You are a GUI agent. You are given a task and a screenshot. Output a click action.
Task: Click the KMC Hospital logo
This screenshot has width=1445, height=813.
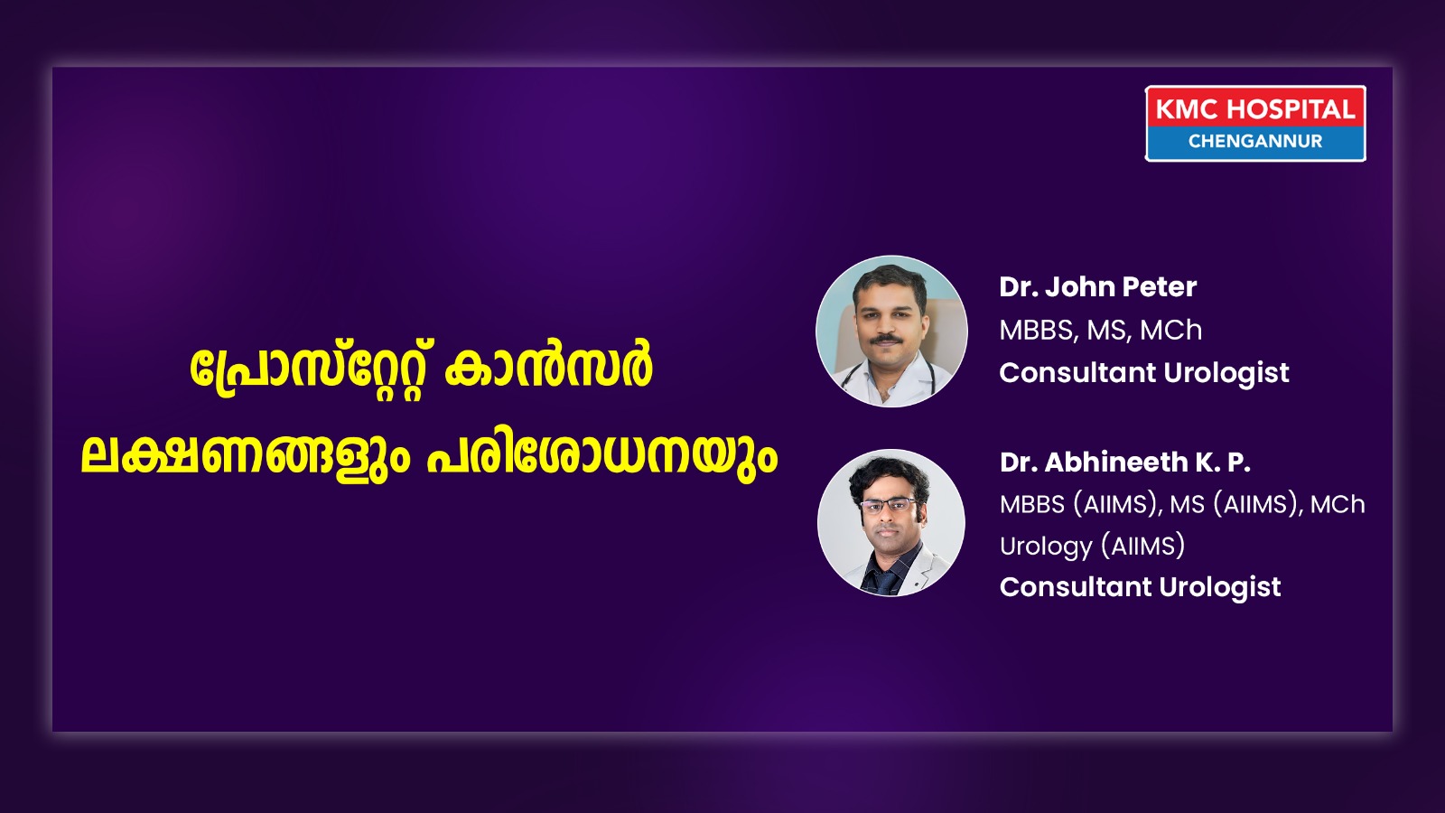[1255, 123]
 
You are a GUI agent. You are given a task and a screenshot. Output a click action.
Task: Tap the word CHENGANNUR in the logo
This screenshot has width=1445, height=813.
[1255, 141]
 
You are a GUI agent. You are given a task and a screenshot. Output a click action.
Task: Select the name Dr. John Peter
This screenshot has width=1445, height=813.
[1097, 287]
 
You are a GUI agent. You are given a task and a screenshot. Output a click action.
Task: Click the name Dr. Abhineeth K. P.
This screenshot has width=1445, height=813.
[1125, 462]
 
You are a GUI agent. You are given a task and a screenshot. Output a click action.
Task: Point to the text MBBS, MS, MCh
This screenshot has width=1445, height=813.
[1101, 331]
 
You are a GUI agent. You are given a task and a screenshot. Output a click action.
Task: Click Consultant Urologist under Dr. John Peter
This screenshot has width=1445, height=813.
[1143, 373]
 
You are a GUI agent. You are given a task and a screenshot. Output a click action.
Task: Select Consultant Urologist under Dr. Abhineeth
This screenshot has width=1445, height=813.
[1140, 587]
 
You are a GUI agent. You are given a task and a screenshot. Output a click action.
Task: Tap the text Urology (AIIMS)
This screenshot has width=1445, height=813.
[1092, 546]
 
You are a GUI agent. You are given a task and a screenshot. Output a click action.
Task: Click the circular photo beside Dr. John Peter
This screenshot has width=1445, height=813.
[891, 331]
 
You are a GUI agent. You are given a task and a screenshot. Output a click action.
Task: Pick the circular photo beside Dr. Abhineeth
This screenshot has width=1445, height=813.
[891, 523]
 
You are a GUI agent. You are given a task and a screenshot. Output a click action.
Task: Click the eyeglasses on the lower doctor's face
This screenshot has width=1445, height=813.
[889, 505]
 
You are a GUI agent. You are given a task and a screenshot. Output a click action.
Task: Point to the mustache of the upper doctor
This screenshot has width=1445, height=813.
[886, 338]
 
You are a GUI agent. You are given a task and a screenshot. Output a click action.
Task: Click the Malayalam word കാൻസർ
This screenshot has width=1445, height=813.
[547, 369]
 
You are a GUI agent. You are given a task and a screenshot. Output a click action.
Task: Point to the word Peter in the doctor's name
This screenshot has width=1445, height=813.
[1160, 287]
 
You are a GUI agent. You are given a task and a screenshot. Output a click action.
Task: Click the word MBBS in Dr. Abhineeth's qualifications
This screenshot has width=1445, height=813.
[1031, 505]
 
